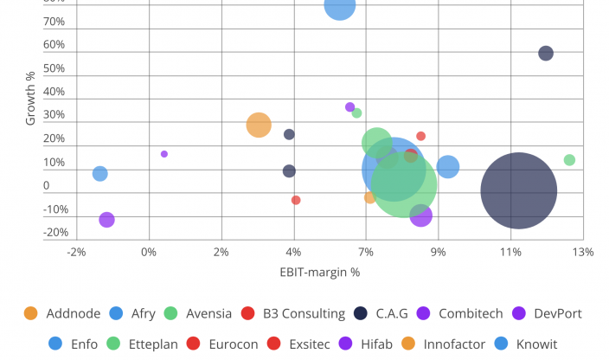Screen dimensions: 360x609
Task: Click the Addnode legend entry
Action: point(61,313)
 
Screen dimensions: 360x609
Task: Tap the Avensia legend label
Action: point(198,313)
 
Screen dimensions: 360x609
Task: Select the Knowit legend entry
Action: point(528,344)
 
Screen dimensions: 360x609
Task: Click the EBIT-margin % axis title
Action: point(319,273)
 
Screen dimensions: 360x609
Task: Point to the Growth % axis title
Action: point(31,99)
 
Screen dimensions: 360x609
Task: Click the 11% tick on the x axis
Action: point(510,252)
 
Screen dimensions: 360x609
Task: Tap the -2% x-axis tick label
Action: point(77,252)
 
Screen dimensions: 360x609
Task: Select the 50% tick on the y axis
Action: point(54,68)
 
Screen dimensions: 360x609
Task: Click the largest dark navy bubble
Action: point(519,190)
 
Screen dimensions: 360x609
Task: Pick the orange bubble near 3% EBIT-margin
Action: point(259,125)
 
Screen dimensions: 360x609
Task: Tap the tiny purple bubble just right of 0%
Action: point(164,154)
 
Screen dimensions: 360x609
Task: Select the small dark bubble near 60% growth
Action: point(546,53)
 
